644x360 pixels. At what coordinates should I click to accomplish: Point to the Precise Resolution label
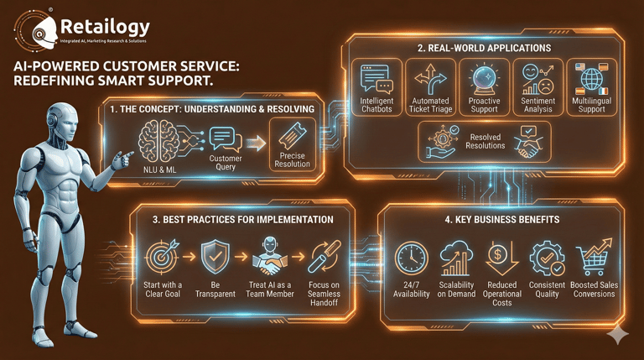pos(292,160)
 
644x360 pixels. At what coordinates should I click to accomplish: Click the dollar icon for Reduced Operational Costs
pos(501,257)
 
